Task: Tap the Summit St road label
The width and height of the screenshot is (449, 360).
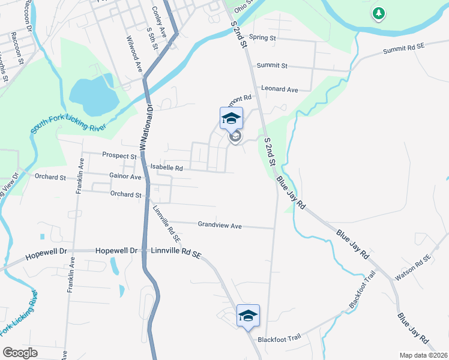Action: [272, 65]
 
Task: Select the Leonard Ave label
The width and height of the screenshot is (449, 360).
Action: [280, 89]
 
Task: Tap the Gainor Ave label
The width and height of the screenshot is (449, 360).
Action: [125, 177]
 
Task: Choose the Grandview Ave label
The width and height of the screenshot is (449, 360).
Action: [220, 226]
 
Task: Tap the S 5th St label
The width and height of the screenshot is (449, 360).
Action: [151, 37]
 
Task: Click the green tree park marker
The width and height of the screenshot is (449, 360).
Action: [378, 13]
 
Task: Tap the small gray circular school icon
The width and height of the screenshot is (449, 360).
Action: [235, 138]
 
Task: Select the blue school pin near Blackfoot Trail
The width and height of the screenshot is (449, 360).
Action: [247, 316]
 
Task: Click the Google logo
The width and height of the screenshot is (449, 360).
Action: [20, 352]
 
